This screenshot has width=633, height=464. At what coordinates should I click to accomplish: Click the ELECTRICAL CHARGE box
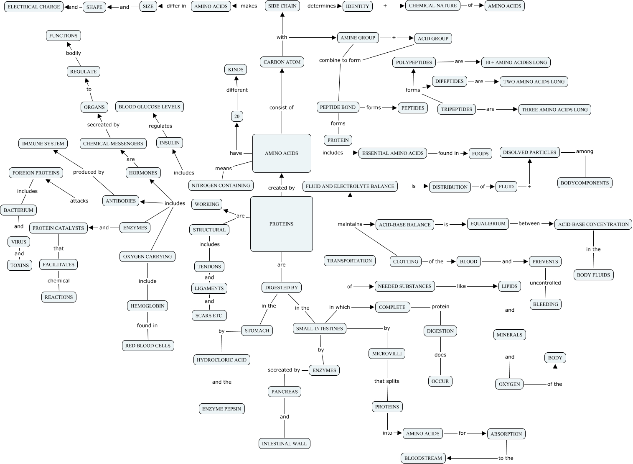click(x=34, y=7)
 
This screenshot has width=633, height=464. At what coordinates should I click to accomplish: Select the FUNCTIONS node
click(x=63, y=36)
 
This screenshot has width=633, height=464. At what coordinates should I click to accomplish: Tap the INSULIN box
click(x=170, y=143)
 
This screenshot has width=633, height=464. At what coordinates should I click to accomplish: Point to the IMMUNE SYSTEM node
click(x=43, y=144)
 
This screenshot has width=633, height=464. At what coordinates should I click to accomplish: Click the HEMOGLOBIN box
click(x=147, y=306)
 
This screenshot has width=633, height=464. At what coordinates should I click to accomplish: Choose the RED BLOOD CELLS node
click(x=148, y=346)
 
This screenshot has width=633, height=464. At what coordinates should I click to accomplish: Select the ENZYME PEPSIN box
click(x=221, y=409)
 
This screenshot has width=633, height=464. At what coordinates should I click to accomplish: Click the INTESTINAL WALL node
click(x=284, y=443)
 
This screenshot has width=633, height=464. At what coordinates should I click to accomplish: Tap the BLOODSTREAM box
click(x=423, y=458)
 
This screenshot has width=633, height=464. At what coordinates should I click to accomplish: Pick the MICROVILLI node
click(x=387, y=354)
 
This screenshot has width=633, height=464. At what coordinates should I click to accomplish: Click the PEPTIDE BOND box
click(x=338, y=107)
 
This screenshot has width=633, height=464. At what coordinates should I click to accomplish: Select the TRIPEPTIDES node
click(x=457, y=109)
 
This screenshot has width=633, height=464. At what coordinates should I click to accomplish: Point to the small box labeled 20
click(x=237, y=116)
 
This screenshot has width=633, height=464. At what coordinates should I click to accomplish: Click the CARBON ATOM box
click(x=282, y=62)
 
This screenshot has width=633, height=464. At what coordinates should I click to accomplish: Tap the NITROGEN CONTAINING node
click(x=221, y=185)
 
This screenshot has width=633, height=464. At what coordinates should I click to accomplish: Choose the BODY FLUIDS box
click(x=593, y=275)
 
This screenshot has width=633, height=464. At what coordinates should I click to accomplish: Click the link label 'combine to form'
click(x=340, y=60)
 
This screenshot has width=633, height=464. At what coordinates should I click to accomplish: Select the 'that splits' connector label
click(x=386, y=381)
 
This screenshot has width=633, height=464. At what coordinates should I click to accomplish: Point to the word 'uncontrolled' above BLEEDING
click(x=545, y=283)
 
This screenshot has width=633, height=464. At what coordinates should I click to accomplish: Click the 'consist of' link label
click(x=281, y=108)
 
